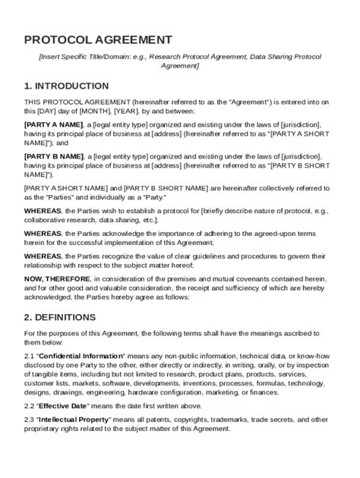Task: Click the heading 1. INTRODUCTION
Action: tap(66, 86)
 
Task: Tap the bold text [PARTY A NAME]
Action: tap(53, 124)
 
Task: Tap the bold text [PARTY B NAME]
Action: tap(53, 156)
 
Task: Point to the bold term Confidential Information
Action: tap(81, 355)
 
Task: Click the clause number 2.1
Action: tap(30, 355)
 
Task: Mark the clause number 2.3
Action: tap(30, 420)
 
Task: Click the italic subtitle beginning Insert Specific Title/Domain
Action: tap(180, 61)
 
